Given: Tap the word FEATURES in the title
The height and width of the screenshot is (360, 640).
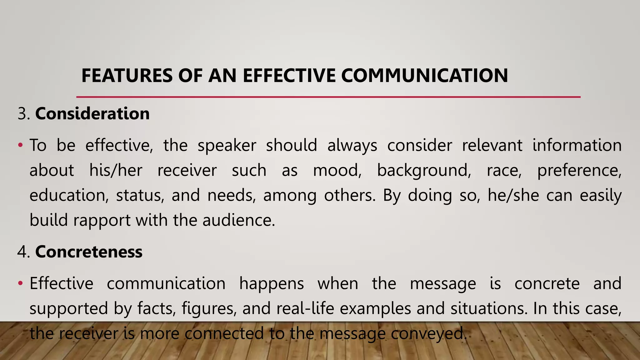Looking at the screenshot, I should click(127, 76).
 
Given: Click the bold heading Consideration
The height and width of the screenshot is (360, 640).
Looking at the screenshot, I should click(92, 113).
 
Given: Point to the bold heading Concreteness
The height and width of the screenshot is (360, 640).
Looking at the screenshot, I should click(89, 252).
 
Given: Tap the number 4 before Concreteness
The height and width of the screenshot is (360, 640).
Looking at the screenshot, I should click(22, 252).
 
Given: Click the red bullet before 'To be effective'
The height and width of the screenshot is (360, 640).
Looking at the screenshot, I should click(20, 145).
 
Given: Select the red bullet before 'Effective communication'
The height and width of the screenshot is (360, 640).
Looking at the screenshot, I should click(20, 283).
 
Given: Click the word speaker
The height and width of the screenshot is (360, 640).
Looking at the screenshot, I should click(227, 146).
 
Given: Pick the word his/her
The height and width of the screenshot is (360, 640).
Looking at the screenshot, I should click(116, 171).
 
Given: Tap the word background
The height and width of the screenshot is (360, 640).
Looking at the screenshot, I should click(424, 171).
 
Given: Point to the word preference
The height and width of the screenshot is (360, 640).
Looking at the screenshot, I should click(579, 171).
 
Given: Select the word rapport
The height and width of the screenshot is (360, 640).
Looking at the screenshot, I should click(102, 221).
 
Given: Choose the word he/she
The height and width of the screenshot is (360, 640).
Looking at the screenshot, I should click(513, 196).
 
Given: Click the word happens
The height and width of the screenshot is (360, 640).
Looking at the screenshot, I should click(271, 284).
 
